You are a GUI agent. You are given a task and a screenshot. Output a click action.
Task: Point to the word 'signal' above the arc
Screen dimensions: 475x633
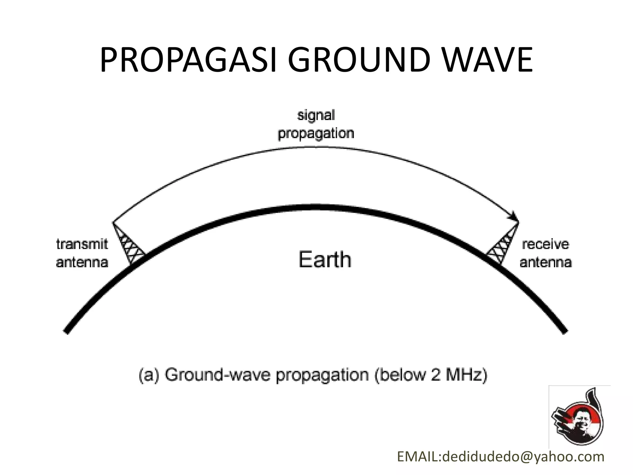coord(316,116)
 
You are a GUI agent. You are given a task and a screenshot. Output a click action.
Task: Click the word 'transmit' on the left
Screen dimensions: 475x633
coord(82,244)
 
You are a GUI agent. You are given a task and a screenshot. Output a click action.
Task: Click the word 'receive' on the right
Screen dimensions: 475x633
coord(546,244)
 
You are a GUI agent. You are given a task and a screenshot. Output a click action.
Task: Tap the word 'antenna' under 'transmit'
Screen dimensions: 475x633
coord(82,263)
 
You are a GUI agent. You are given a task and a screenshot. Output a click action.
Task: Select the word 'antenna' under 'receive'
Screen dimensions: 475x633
coord(546,263)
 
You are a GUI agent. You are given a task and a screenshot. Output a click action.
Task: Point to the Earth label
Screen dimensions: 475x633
coord(325,260)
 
